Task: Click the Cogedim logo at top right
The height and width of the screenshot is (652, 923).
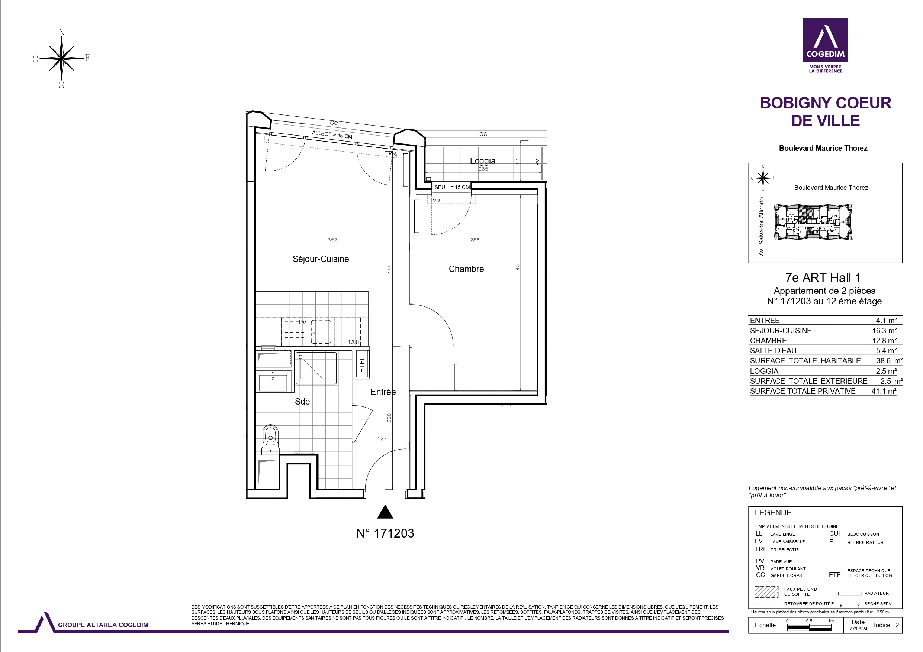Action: [825, 45]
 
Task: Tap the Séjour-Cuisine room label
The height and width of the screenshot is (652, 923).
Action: [321, 259]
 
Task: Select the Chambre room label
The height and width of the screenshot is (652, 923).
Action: [466, 269]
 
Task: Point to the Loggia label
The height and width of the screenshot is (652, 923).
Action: [482, 161]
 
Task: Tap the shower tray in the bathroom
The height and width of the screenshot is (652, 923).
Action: [316, 369]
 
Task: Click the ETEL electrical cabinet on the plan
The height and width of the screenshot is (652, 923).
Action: [362, 364]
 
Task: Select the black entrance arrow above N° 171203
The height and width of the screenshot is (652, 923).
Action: [385, 512]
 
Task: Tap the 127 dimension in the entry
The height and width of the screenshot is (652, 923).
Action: [382, 439]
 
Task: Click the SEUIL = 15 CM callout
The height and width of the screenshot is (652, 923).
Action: [452, 187]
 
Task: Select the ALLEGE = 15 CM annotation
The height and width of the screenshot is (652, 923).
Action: [332, 134]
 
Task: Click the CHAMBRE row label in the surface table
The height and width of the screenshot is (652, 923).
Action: [768, 341]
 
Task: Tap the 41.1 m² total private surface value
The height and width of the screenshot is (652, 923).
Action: [884, 391]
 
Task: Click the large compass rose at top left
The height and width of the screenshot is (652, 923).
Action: [61, 59]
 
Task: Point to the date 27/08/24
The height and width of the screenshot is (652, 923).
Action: [858, 629]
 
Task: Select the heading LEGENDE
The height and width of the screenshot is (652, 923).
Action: [773, 513]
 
